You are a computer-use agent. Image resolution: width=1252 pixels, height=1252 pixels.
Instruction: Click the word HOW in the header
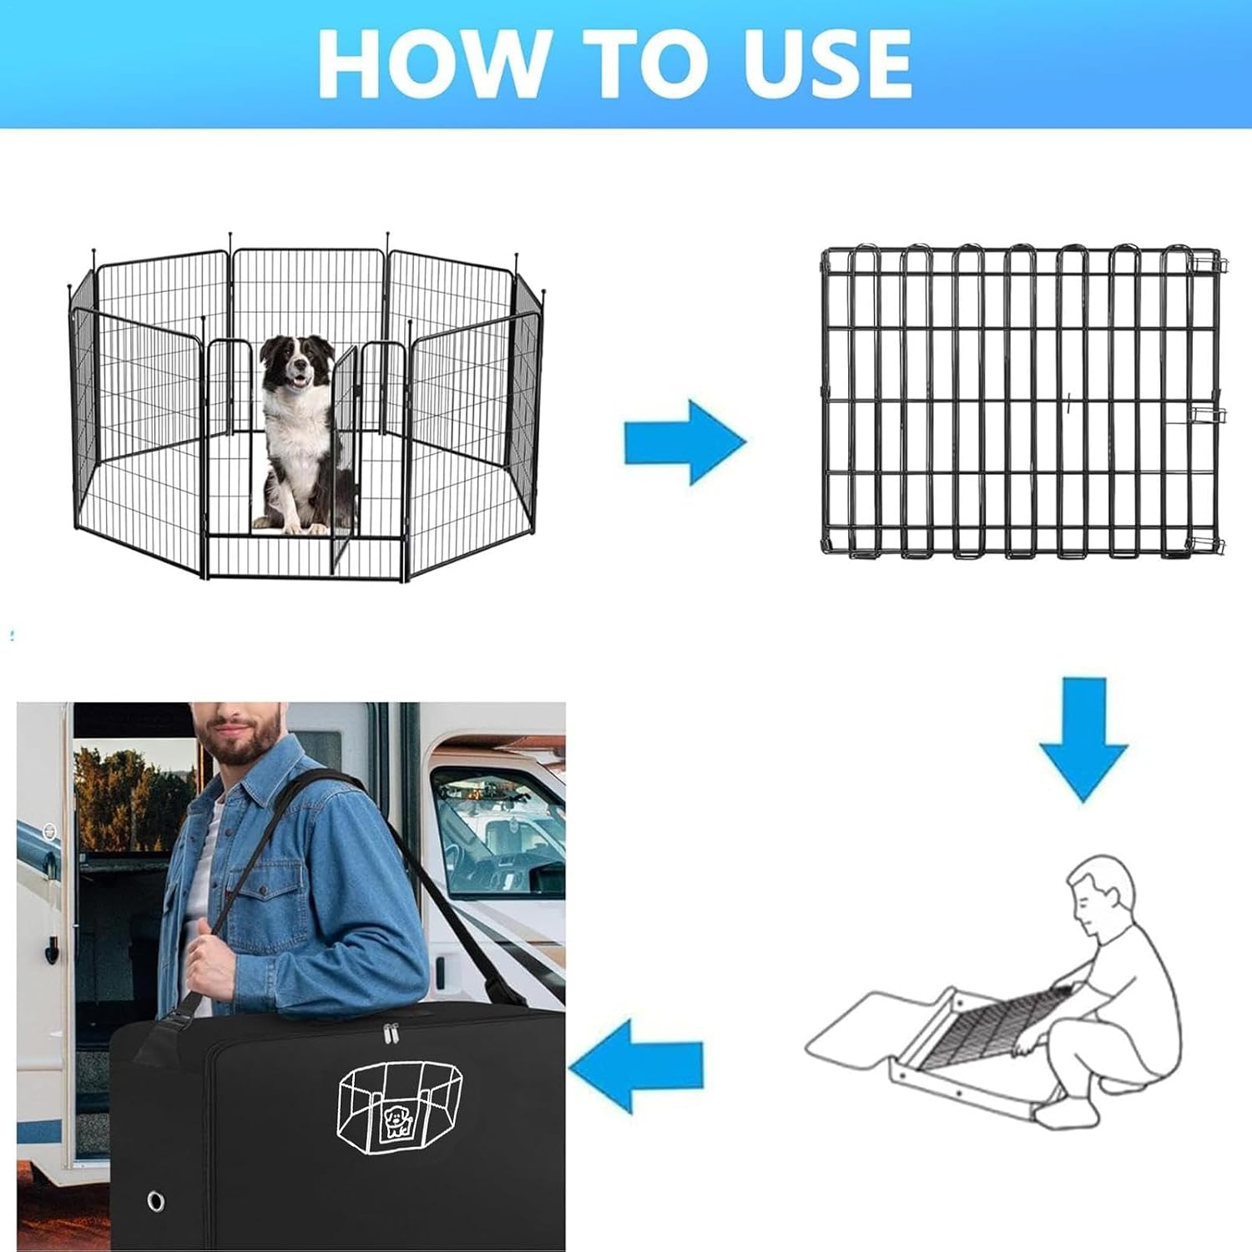431,63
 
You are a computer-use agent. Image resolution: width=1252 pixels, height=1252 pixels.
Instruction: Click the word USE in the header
826,63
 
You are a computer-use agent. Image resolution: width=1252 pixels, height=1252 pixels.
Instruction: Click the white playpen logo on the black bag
399,1106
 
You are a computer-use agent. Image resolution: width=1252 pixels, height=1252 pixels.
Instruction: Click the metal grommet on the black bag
155,1201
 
